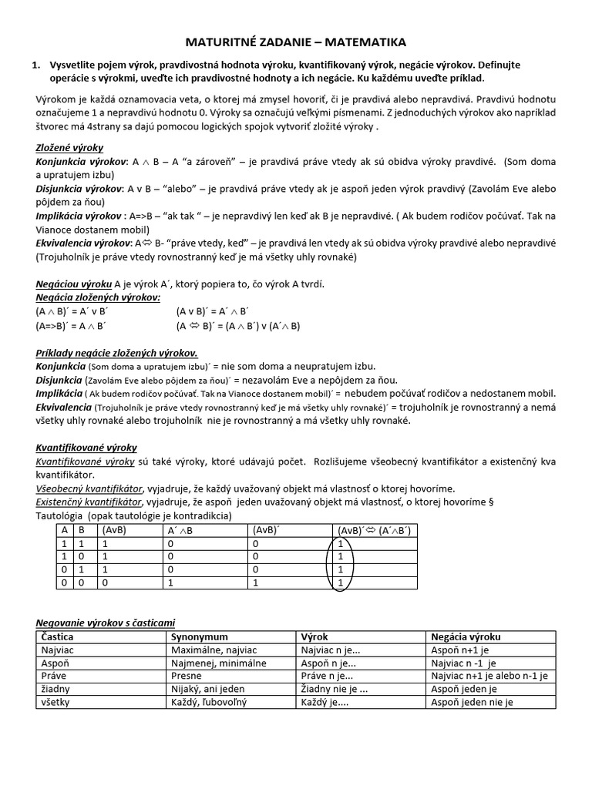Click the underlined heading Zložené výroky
(69, 147)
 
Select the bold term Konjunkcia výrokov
(81, 163)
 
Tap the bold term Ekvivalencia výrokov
(85, 243)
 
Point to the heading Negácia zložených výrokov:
(98, 297)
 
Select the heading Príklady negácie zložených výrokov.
(117, 353)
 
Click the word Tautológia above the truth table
(61, 515)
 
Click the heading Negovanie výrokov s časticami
(110, 623)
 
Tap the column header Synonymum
(199, 637)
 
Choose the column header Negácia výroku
(466, 637)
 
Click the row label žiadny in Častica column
(56, 689)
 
